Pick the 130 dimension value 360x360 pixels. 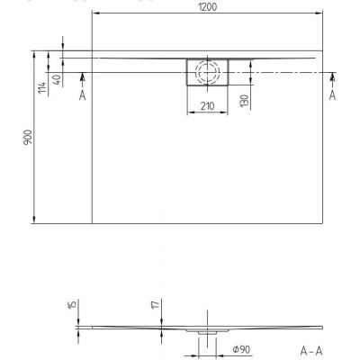point(244,98)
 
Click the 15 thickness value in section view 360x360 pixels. point(71,306)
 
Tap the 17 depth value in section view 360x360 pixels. point(154,307)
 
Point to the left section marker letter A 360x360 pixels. point(83,94)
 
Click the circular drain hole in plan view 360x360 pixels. point(207,72)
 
